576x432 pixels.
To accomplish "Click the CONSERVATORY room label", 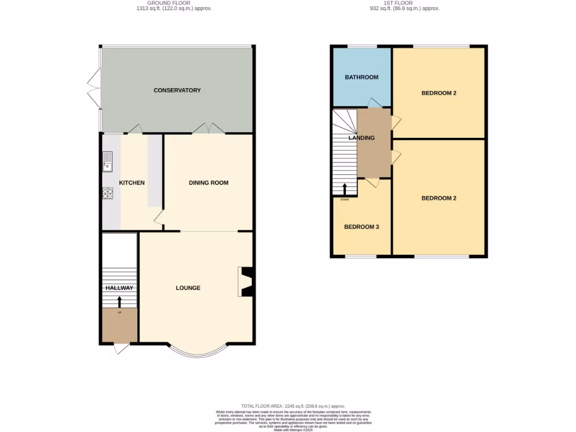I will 177,90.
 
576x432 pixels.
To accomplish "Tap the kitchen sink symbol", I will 107,162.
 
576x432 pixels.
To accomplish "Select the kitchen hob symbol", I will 107,193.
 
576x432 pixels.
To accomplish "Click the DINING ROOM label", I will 208,183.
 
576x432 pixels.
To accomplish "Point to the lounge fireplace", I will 246,281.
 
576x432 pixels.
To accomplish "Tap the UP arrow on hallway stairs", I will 119,302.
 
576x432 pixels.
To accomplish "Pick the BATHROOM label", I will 361,77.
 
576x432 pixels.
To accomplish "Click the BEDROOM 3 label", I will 361,227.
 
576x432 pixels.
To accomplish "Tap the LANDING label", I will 361,138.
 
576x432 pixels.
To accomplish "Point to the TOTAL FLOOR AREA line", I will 293,406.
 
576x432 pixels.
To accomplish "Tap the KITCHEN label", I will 132,183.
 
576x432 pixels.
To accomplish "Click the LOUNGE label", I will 188,288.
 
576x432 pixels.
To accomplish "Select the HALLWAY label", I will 119,288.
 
